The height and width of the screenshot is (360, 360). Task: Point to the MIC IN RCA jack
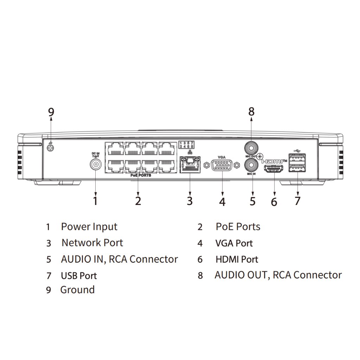252,164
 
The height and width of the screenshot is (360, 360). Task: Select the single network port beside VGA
189,164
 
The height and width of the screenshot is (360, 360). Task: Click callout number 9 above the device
51,112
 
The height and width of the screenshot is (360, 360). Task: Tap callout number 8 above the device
251,112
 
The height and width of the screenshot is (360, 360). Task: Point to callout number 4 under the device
222,202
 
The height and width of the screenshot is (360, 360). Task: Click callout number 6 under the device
274,202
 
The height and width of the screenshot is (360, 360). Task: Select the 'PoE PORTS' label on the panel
138,175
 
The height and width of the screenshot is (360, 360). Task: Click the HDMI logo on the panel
274,161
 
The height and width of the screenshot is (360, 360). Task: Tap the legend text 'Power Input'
89,227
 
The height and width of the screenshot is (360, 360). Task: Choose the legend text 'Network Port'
92,243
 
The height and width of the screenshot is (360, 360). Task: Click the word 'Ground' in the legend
77,290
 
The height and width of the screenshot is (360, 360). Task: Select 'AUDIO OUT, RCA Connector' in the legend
278,275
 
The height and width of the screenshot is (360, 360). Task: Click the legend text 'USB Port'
79,276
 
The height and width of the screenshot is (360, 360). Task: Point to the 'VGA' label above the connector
222,157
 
